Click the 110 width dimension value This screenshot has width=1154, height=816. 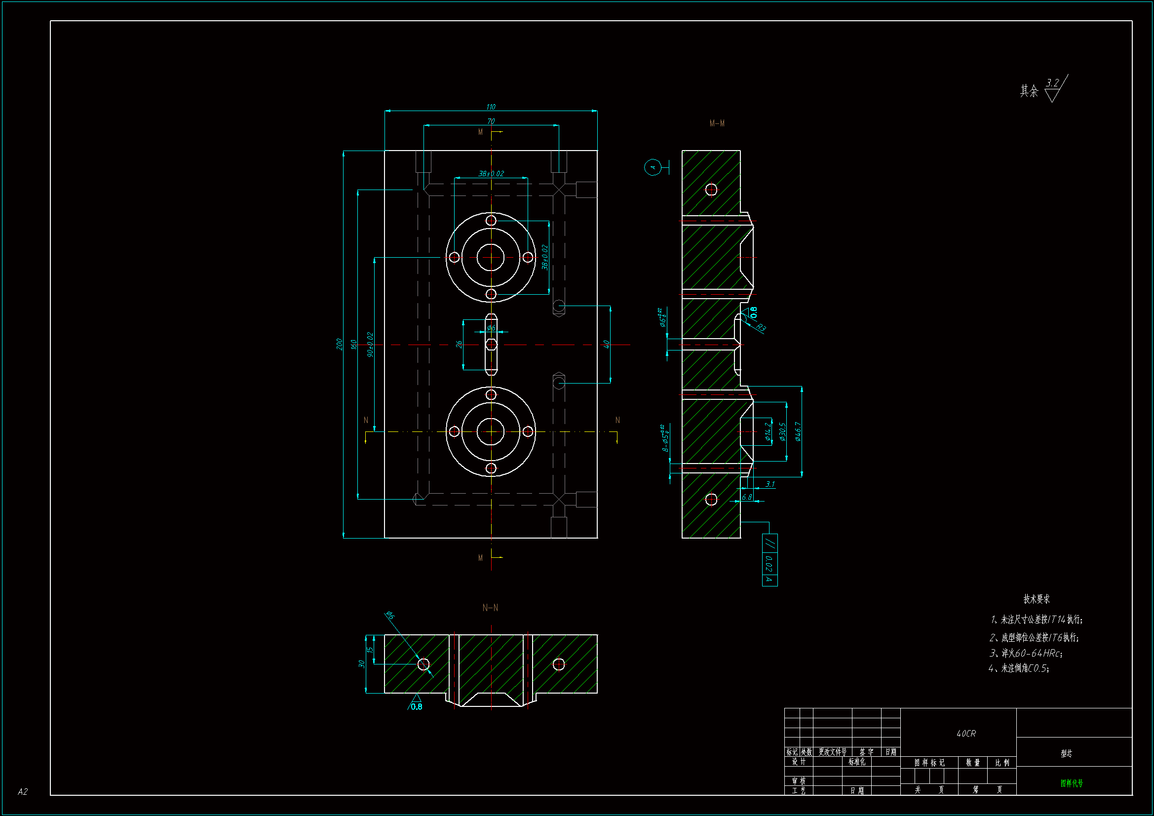pyautogui.click(x=491, y=107)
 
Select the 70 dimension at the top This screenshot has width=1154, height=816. pyautogui.click(x=491, y=121)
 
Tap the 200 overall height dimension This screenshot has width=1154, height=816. pyautogui.click(x=339, y=344)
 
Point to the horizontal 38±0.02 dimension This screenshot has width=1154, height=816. pyautogui.click(x=491, y=173)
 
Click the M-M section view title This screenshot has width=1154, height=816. pyautogui.click(x=717, y=123)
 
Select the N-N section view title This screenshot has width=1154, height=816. pyautogui.click(x=490, y=608)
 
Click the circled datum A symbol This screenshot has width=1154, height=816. pyautogui.click(x=653, y=167)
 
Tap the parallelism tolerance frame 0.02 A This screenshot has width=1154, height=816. pyautogui.click(x=769, y=560)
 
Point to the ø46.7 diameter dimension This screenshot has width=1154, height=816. pyautogui.click(x=798, y=431)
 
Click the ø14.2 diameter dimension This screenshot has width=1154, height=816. pyautogui.click(x=768, y=431)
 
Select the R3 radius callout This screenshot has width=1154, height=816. pyautogui.click(x=761, y=328)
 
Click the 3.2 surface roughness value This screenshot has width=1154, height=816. pyautogui.click(x=1052, y=83)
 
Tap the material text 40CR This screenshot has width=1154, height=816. pyautogui.click(x=965, y=734)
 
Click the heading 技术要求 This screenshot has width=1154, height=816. pyautogui.click(x=1037, y=599)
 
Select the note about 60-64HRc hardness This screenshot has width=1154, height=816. pyautogui.click(x=1026, y=653)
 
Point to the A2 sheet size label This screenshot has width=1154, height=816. pyautogui.click(x=23, y=792)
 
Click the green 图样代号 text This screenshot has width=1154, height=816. pyautogui.click(x=1071, y=783)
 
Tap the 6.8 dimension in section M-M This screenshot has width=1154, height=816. pyautogui.click(x=747, y=497)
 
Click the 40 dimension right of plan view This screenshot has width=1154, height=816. pyautogui.click(x=606, y=344)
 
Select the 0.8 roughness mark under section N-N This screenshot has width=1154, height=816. pyautogui.click(x=416, y=706)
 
